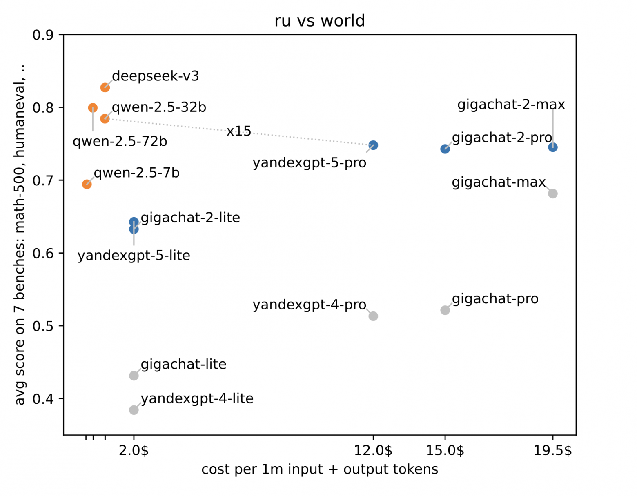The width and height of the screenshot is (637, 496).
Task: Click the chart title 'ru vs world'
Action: [319, 21]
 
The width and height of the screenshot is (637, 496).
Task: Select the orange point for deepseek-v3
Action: [105, 87]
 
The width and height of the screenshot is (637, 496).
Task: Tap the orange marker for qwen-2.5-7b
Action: [87, 184]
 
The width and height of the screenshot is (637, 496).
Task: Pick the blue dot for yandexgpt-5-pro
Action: [373, 145]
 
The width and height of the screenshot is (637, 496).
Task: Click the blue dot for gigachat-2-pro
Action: [445, 149]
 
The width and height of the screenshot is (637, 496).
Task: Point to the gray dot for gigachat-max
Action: [552, 194]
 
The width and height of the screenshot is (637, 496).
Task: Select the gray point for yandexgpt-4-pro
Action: [373, 316]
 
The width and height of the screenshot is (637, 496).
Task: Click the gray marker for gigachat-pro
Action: [445, 310]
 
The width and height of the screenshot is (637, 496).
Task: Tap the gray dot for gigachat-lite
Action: [134, 376]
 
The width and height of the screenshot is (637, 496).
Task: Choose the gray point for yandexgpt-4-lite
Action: [134, 410]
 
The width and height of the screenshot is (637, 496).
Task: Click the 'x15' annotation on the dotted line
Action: [239, 131]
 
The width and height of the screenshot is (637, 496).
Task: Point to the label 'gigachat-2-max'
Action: [511, 105]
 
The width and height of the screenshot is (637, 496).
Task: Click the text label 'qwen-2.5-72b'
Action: [120, 142]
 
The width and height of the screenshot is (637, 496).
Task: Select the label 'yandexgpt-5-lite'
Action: [134, 256]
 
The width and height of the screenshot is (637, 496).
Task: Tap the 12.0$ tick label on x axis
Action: [373, 450]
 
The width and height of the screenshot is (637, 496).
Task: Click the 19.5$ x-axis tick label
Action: [552, 450]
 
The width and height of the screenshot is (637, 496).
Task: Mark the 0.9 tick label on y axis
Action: [43, 35]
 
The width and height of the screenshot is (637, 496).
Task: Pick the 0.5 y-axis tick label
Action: [43, 326]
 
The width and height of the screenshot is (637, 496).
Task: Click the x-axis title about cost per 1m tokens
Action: [320, 469]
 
